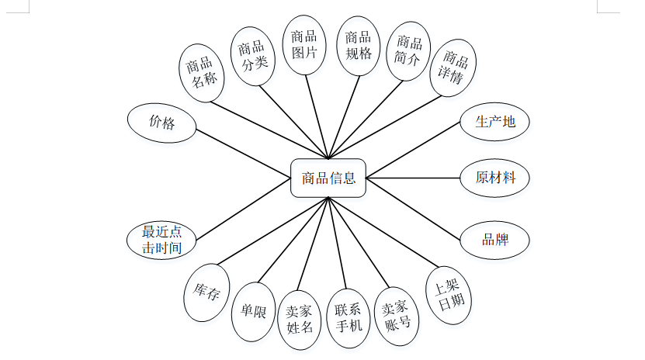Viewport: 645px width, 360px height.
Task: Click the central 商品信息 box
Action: (x=328, y=178)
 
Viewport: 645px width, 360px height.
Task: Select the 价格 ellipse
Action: (x=161, y=123)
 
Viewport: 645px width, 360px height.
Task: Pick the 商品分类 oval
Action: (x=253, y=54)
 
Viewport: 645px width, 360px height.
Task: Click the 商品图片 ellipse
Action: (x=303, y=45)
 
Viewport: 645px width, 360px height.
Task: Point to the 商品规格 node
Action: (x=358, y=46)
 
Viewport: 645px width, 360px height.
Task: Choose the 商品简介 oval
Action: (x=408, y=51)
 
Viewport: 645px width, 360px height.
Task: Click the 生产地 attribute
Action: (x=494, y=122)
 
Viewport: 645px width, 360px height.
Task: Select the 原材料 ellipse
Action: (x=494, y=177)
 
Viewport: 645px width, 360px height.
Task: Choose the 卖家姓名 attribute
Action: (x=299, y=318)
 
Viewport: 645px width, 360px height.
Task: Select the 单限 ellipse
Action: (x=253, y=313)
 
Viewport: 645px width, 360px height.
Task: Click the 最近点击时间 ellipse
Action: (x=161, y=240)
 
